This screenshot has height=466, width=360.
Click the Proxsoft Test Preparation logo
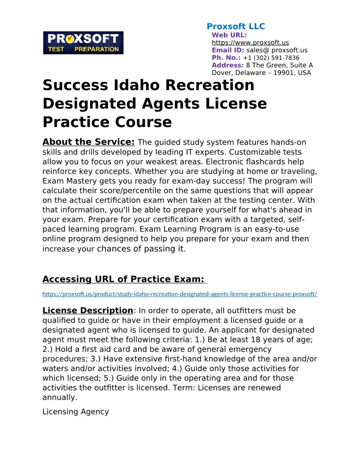click(83, 43)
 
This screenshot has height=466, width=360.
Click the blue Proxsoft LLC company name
click(236, 26)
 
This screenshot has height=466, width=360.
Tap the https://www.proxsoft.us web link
click(250, 43)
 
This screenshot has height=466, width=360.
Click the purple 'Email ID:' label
click(228, 50)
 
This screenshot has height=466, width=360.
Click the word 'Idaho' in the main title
click(140, 85)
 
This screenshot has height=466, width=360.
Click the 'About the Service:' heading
click(88, 142)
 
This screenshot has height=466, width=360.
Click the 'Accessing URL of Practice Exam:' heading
click(124, 279)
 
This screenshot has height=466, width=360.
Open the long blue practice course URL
click(180, 294)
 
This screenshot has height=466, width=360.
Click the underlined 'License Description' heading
click(87, 311)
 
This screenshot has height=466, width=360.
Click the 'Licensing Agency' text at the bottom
click(75, 412)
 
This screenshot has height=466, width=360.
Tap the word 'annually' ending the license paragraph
click(59, 397)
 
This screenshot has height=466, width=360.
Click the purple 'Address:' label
click(228, 65)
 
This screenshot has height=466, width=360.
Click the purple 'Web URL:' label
click(229, 35)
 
